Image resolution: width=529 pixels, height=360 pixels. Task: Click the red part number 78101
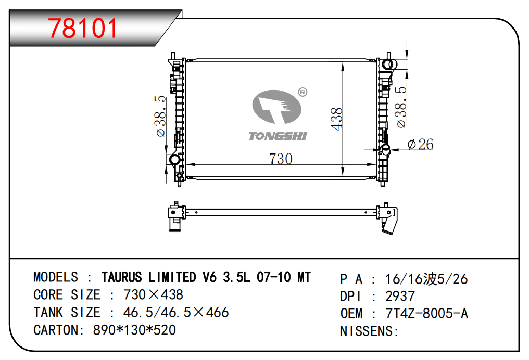83,28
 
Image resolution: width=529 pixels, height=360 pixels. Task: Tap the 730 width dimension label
281,159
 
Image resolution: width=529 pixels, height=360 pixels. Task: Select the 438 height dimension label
337,119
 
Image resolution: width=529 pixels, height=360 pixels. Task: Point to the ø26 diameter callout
420,144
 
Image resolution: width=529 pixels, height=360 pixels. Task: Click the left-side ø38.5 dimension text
161,117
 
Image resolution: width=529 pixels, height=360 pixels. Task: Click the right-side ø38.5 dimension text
401,107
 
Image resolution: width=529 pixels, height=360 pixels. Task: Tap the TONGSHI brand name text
278,136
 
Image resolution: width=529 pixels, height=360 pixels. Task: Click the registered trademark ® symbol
303,92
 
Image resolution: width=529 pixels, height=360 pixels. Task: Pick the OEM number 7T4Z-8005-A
426,314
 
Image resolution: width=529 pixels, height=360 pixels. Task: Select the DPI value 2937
400,297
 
